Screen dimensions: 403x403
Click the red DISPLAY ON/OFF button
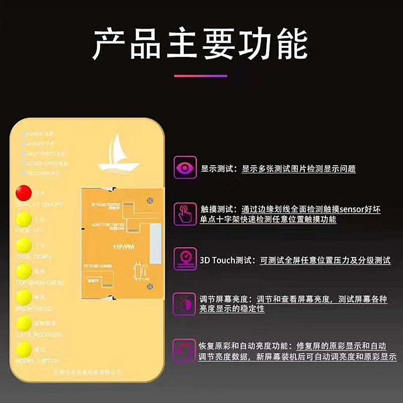23,192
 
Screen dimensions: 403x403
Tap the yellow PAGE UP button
23,219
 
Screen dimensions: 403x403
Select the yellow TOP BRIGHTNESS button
23,272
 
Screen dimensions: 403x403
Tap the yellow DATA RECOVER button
23,323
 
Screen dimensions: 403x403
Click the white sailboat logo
118,154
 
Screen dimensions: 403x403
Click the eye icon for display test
185,168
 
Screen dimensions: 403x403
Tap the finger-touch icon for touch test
185,213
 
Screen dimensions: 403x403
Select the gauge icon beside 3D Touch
185,259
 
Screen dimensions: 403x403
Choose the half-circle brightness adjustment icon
185,304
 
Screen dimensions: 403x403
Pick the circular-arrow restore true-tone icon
185,350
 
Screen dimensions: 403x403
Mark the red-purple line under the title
201,76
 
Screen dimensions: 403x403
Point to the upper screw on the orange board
150,201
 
